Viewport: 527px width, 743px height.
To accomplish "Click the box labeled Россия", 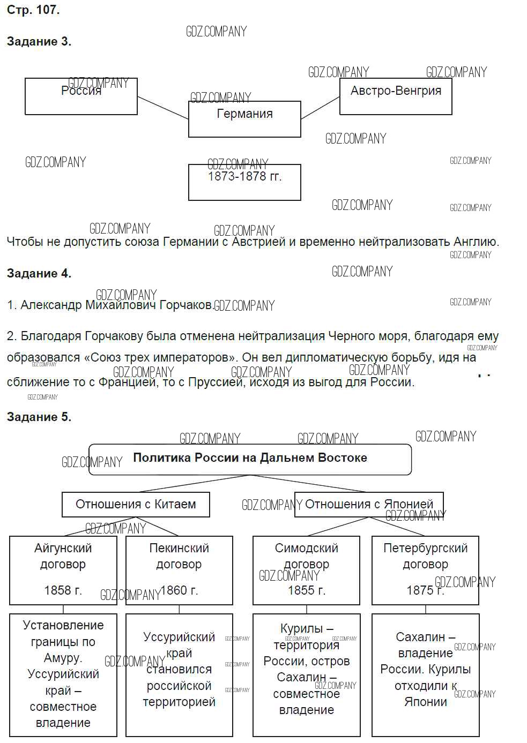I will [81, 96].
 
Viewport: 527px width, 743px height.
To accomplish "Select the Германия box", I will [244, 118].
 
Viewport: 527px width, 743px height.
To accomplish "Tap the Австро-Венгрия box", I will [396, 96].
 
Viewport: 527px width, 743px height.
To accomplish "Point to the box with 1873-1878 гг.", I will [244, 182].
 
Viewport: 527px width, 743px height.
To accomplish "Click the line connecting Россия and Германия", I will [163, 108].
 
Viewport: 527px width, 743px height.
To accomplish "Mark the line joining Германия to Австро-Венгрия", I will [320, 108].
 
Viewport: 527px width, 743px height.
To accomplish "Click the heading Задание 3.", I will [39, 42].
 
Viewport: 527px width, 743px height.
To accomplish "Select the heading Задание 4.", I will [39, 273].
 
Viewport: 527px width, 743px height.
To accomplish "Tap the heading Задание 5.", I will [39, 417].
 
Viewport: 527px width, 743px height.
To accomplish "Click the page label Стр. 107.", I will [33, 10].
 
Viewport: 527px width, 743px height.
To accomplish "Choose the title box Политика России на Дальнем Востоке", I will [250, 459].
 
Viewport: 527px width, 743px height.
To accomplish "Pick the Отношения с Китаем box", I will [136, 505].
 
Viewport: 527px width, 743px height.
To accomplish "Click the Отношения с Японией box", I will [369, 505].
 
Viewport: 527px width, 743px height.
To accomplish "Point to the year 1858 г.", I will [63, 590].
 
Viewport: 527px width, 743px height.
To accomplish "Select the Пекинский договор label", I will [179, 556].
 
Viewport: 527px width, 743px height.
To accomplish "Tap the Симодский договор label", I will [306, 556].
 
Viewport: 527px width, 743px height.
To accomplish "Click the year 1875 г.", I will [425, 590].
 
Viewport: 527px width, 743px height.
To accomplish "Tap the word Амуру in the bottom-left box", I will [62, 658].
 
